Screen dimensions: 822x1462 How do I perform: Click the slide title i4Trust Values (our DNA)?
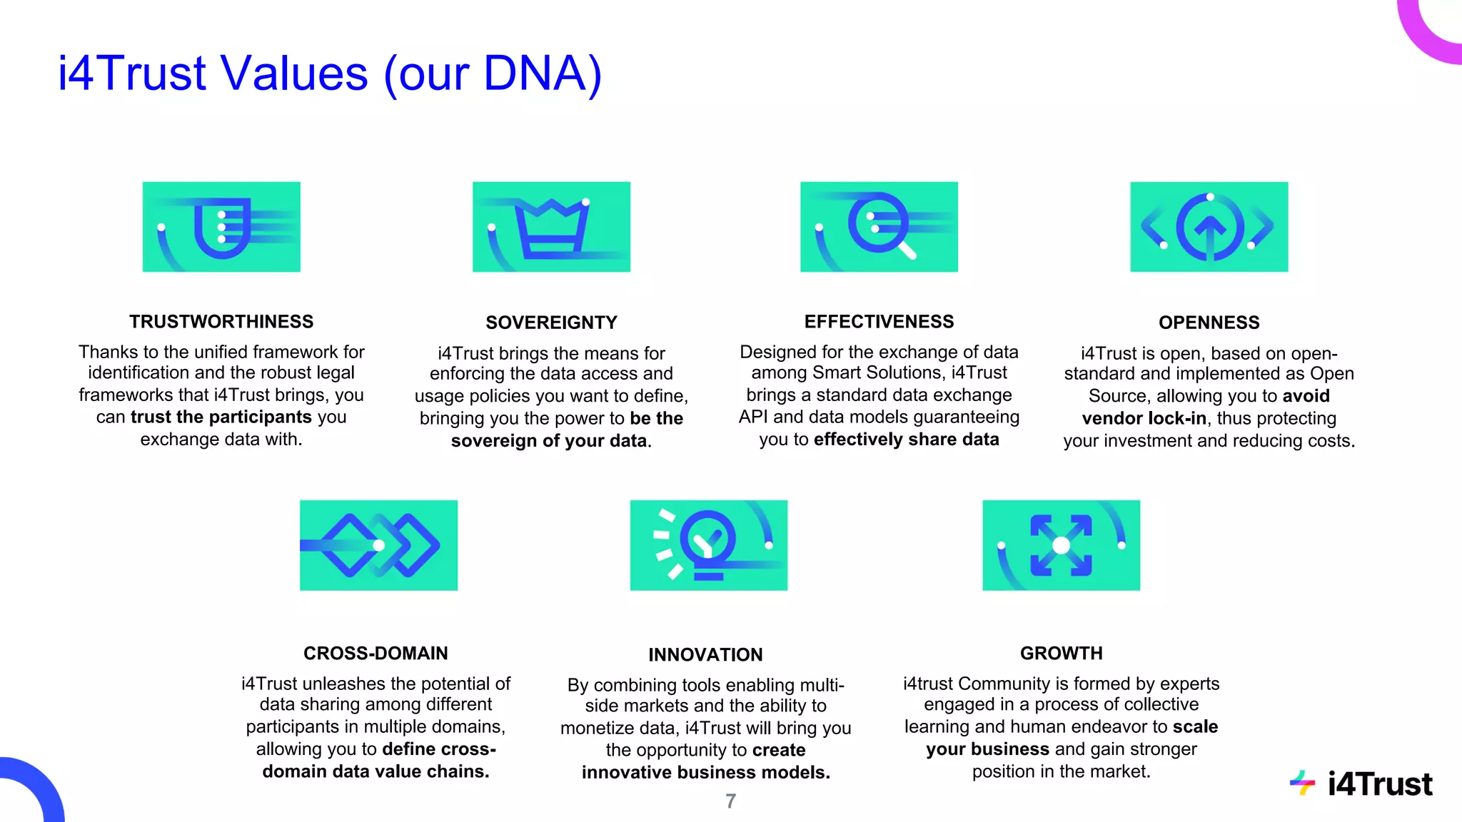[330, 73]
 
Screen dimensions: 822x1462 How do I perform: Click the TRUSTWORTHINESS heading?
[221, 322]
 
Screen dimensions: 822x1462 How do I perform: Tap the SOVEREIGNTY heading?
[551, 323]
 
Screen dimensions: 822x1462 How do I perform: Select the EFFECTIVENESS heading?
[879, 322]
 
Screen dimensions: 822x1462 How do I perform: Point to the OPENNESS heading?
[1209, 323]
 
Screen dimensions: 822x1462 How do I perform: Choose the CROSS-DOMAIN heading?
[375, 653]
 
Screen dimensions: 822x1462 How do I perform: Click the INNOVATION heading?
[705, 654]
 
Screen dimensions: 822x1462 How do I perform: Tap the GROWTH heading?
[1061, 653]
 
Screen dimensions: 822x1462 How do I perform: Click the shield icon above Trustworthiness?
[221, 227]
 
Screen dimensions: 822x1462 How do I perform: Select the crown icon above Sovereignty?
[551, 227]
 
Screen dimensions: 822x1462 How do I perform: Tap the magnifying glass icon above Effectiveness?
[879, 227]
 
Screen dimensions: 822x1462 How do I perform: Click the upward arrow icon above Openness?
[1209, 227]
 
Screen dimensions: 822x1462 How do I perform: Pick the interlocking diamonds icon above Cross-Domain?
[378, 545]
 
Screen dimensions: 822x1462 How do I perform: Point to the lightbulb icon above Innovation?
[708, 545]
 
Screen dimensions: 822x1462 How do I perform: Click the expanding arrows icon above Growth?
[1061, 545]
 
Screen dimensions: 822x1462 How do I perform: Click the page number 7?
[730, 801]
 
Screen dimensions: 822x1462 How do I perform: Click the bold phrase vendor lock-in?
[1144, 418]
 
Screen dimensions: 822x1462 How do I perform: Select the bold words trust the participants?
[221, 417]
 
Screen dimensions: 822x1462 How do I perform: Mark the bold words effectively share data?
[906, 439]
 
